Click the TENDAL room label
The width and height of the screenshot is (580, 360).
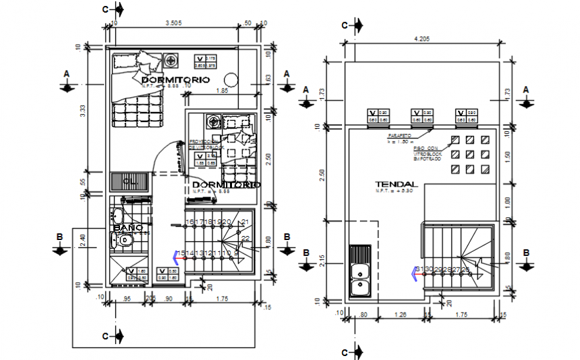coord(396,184)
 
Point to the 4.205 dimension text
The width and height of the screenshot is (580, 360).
coord(421,39)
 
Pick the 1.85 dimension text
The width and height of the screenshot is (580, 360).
coord(222,90)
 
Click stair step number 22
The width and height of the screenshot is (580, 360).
coord(245,239)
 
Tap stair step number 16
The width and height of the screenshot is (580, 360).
coord(190,222)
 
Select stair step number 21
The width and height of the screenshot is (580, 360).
coord(245,222)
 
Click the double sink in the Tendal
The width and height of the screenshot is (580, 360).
coord(360,272)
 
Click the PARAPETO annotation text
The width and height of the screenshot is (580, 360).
coord(399,135)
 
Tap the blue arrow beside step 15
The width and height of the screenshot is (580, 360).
coord(177,255)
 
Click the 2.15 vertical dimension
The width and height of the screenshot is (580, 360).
coord(323,260)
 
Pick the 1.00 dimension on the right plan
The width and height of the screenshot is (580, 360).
coord(509,201)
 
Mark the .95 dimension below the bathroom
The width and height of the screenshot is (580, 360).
coord(127,298)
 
